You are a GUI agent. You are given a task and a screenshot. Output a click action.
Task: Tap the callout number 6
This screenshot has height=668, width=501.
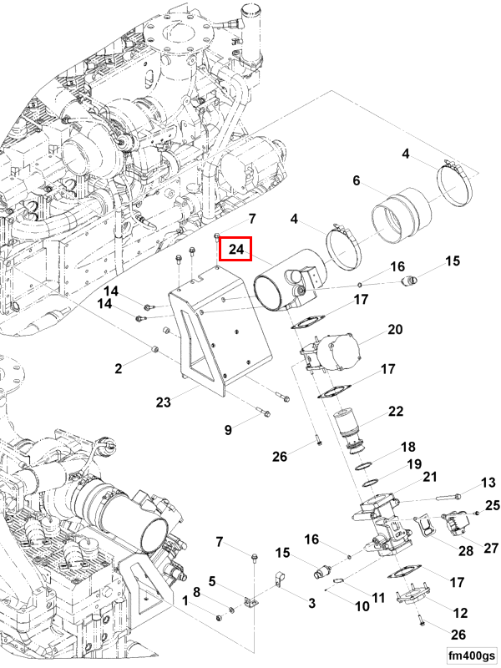pos(356,180)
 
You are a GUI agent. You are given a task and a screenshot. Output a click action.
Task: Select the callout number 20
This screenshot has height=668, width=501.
pos(395,329)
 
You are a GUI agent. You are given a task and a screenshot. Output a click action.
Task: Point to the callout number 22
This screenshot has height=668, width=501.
pos(395,411)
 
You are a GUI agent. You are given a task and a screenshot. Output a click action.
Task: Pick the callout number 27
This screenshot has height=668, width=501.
pos(490,548)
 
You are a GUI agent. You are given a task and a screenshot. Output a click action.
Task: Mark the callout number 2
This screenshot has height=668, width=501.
pos(119,367)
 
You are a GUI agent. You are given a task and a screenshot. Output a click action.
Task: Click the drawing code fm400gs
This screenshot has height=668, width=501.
pos(471,654)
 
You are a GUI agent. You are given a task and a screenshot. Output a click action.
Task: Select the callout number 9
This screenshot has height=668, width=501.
pos(228,430)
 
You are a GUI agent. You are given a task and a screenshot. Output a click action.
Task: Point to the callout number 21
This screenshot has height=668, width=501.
pos(430,477)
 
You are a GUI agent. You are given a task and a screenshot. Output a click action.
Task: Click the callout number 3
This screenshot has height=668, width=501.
pos(311,602)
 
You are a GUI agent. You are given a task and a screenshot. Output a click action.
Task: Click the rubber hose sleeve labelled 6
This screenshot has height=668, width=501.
pos(399,215)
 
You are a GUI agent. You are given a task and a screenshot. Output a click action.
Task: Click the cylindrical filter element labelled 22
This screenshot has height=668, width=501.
pos(350,430)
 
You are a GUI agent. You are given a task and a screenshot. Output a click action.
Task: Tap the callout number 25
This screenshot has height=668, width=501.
pos(492,505)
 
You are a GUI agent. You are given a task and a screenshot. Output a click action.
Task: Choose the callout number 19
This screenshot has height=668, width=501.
pos(414,464)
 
